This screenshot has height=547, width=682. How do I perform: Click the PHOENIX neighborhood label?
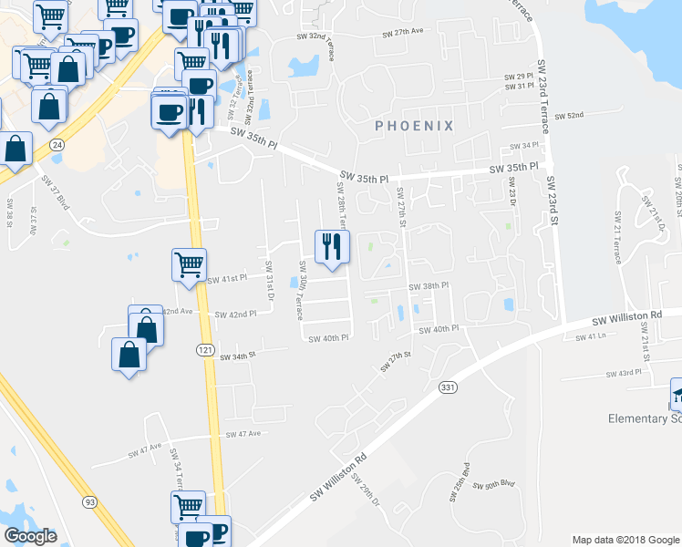pyautogui.click(x=414, y=127)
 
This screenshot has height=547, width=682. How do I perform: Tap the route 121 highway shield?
pyautogui.click(x=205, y=350)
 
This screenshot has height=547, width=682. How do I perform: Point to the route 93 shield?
pyautogui.click(x=89, y=501)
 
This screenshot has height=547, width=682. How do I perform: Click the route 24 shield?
pyautogui.click(x=57, y=145)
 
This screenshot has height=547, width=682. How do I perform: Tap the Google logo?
pyautogui.click(x=30, y=536)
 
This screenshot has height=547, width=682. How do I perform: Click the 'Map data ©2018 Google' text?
pyautogui.click(x=625, y=540)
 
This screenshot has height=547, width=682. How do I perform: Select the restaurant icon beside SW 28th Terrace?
pyautogui.click(x=332, y=246)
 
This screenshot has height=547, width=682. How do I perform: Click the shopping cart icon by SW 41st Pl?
pyautogui.click(x=189, y=266)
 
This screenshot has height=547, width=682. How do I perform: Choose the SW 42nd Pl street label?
pyautogui.click(x=236, y=315)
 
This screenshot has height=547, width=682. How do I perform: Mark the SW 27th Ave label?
pyautogui.click(x=403, y=31)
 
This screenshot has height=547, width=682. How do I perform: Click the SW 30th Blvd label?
pyautogui.click(x=501, y=485)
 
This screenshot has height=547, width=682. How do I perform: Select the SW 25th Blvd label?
pyautogui.click(x=460, y=488)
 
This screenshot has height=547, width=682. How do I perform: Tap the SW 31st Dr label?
pyautogui.click(x=270, y=277)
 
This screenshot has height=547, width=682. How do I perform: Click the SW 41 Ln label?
pyautogui.click(x=591, y=336)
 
